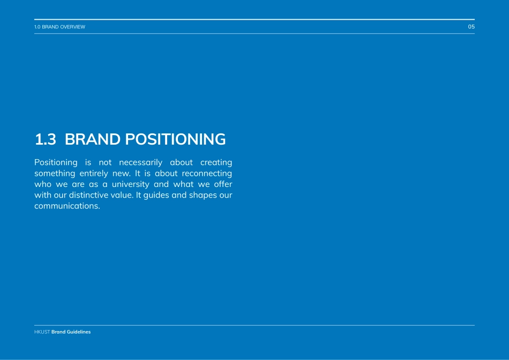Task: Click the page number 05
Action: point(471,27)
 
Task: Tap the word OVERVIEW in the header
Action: point(72,27)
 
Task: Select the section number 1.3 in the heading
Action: point(46,139)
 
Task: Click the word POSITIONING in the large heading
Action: point(175,139)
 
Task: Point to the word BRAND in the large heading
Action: point(93,139)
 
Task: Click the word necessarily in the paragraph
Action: point(140,162)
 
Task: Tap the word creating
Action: point(216,162)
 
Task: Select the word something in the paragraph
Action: point(55,174)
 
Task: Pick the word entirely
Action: point(94,174)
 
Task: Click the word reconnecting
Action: point(207,174)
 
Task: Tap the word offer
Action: point(223,184)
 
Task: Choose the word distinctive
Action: point(88,195)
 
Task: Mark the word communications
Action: point(67,206)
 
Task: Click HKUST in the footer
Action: point(42,332)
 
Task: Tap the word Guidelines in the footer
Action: point(79,332)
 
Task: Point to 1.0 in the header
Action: point(38,27)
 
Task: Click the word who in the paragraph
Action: point(43,184)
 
